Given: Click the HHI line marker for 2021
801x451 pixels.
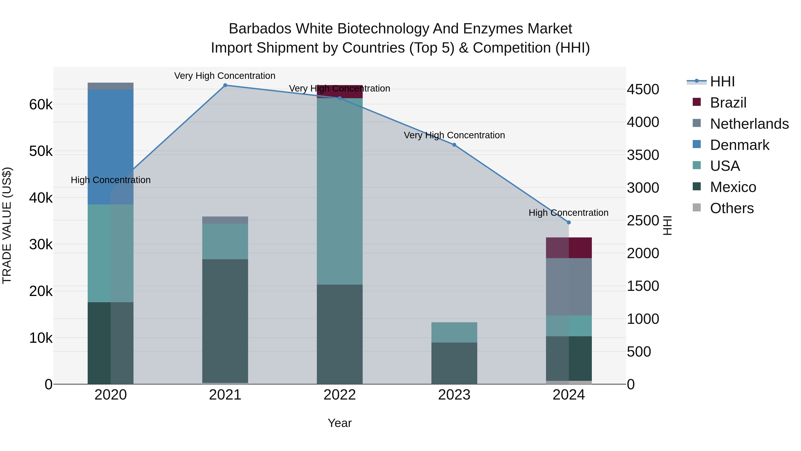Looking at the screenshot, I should [x=225, y=85].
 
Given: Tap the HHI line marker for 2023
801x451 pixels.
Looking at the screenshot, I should [x=454, y=145].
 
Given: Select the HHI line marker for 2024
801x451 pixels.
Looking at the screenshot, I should [x=569, y=222].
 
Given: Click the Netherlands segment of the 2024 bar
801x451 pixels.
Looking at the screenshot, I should [x=569, y=286].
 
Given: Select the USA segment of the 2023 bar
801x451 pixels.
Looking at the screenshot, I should [x=454, y=332].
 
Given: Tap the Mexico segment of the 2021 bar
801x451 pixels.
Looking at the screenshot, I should [x=225, y=320].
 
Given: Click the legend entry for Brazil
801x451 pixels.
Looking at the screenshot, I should [x=728, y=103].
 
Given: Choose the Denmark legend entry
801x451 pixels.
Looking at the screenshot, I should [x=739, y=145].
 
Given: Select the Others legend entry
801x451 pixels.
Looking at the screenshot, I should [x=732, y=208].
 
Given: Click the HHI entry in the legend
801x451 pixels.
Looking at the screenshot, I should [x=722, y=82].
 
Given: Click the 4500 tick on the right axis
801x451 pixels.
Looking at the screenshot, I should [x=643, y=89].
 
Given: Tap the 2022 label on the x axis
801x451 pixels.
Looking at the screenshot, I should [x=340, y=395].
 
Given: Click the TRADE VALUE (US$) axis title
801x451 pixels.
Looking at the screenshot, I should [x=7, y=225].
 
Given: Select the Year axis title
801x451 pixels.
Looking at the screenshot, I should [x=340, y=423].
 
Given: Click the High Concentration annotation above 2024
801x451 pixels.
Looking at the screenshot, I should [x=568, y=213].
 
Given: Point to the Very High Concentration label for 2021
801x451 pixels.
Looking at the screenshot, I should [x=225, y=76].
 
